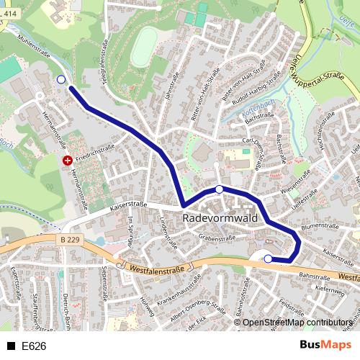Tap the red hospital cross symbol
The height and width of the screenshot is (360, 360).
pos(67,161)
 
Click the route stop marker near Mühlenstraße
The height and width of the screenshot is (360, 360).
pos(60,80)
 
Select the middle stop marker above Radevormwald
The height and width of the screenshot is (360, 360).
pos(219,189)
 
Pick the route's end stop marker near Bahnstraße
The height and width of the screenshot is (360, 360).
pos(268,259)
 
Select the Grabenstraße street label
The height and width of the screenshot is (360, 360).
pos(217,235)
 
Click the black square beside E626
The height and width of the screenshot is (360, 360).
pos(11,346)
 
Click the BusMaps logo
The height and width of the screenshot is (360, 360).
pos(327,346)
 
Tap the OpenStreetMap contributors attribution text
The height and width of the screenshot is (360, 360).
pos(297,323)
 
